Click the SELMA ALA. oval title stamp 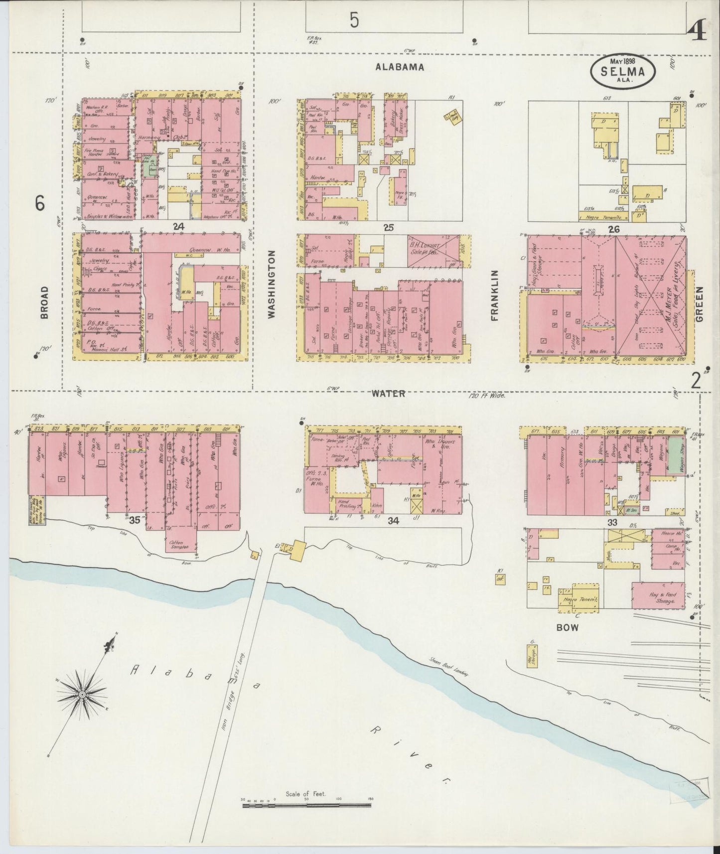coord(622,71)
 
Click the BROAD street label coord(45,302)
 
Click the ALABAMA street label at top coord(400,67)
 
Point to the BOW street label coord(568,628)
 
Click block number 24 coord(178,227)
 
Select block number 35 coord(135,520)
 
